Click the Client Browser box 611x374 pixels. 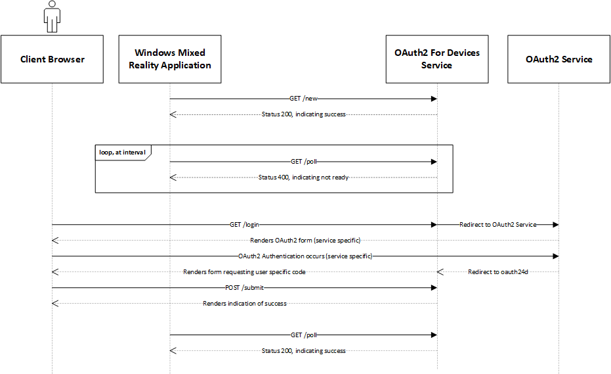pyautogui.click(x=53, y=59)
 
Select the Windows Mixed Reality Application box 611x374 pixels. pyautogui.click(x=170, y=59)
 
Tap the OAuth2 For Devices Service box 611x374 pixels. pyautogui.click(x=437, y=59)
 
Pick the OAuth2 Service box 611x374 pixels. pyautogui.click(x=558, y=59)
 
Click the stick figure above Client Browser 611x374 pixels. pyautogui.click(x=53, y=16)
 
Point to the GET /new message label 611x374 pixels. pyautogui.click(x=304, y=99)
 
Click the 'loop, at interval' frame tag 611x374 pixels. pyautogui.click(x=123, y=152)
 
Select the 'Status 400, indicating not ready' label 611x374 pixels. pyautogui.click(x=303, y=177)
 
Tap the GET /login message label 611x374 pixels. pyautogui.click(x=244, y=225)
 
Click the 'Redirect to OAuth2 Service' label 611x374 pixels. pyautogui.click(x=498, y=225)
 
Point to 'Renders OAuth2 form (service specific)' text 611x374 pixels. pyautogui.click(x=305, y=241)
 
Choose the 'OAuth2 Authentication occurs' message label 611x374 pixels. pyautogui.click(x=305, y=256)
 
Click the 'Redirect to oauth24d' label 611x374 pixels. pyautogui.click(x=498, y=271)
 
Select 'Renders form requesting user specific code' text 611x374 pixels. pyautogui.click(x=244, y=271)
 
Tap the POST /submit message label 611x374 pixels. pyautogui.click(x=244, y=288)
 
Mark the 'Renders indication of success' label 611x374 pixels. pyautogui.click(x=244, y=303)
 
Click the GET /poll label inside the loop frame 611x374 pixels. pyautogui.click(x=304, y=162)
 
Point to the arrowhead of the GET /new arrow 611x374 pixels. pyautogui.click(x=434, y=99)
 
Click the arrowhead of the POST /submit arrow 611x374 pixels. pyautogui.click(x=434, y=288)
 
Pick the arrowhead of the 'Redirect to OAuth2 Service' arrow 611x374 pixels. pyautogui.click(x=556, y=225)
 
